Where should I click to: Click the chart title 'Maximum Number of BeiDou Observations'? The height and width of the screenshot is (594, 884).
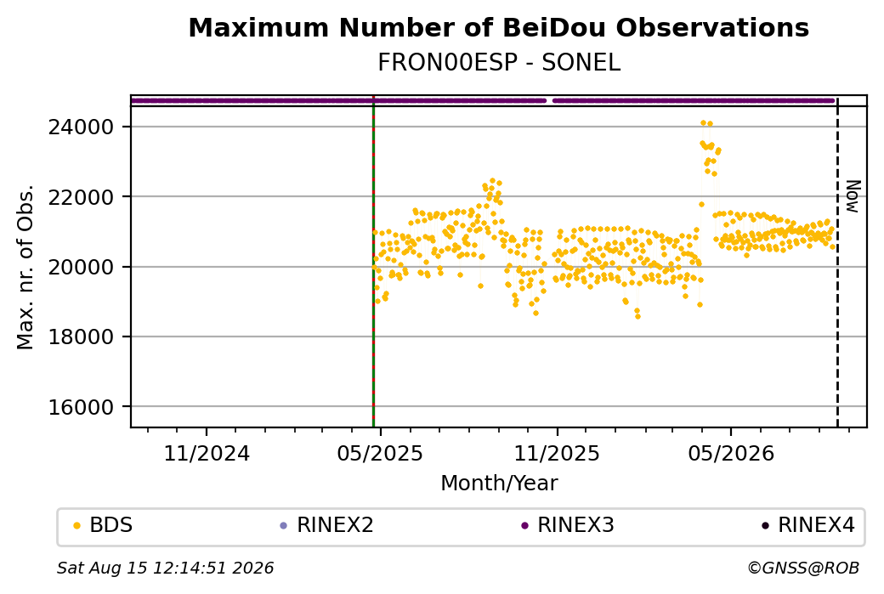(x=498, y=27)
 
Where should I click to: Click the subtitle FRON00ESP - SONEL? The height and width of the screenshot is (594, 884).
(x=498, y=63)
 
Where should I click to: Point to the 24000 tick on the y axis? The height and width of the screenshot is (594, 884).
(x=82, y=127)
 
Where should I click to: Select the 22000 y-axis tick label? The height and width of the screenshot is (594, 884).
(x=82, y=197)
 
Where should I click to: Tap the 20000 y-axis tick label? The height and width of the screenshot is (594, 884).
(x=82, y=267)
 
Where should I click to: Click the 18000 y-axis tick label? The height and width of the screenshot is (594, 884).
(x=82, y=337)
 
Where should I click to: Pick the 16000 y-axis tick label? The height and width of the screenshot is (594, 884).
(x=82, y=407)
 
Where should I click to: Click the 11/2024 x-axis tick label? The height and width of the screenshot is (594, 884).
(x=207, y=453)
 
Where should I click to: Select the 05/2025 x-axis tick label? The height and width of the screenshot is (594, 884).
(x=380, y=453)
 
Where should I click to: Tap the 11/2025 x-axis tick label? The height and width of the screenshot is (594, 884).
(x=557, y=453)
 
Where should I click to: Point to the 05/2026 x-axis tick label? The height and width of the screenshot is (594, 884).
(x=731, y=453)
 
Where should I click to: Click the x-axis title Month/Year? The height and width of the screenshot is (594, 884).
(x=499, y=484)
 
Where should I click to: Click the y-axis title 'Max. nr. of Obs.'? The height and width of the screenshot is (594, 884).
(x=25, y=267)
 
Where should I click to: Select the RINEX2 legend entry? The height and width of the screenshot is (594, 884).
(x=327, y=525)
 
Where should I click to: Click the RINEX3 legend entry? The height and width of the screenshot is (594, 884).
(x=568, y=525)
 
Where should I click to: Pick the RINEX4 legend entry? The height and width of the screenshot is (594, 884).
(x=807, y=525)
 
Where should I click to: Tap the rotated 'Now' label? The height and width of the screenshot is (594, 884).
(x=853, y=196)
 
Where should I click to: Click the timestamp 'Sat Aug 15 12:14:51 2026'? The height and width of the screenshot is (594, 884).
(x=165, y=568)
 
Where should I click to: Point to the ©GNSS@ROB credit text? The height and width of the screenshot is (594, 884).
(x=803, y=568)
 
